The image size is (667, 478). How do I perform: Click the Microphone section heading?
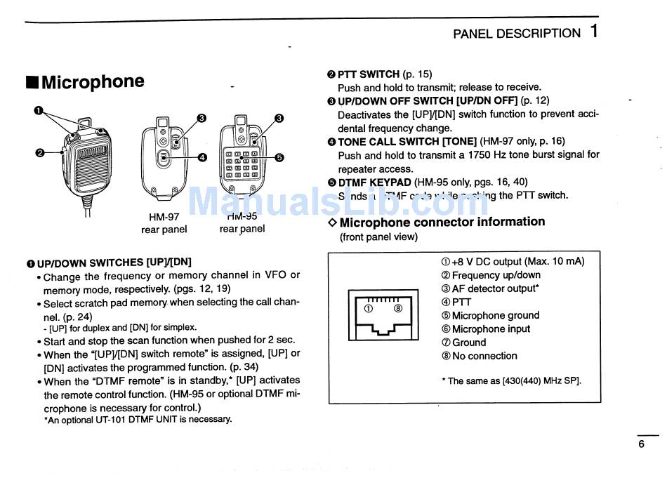86,82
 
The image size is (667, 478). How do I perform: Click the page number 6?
641,444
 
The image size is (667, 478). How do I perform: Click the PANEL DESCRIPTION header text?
517,34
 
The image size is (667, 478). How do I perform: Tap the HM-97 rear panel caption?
164,223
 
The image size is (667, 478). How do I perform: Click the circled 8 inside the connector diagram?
397,308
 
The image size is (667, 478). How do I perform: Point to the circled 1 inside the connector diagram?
367,308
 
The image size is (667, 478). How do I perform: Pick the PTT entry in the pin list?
456,302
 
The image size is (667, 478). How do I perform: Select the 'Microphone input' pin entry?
485,328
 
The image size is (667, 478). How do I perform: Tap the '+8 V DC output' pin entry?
513,262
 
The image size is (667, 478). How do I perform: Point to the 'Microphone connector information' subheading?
436,222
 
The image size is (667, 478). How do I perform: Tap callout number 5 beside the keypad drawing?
279,157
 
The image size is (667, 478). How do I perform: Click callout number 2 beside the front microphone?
39,152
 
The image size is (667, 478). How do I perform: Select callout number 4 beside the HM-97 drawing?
202,157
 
